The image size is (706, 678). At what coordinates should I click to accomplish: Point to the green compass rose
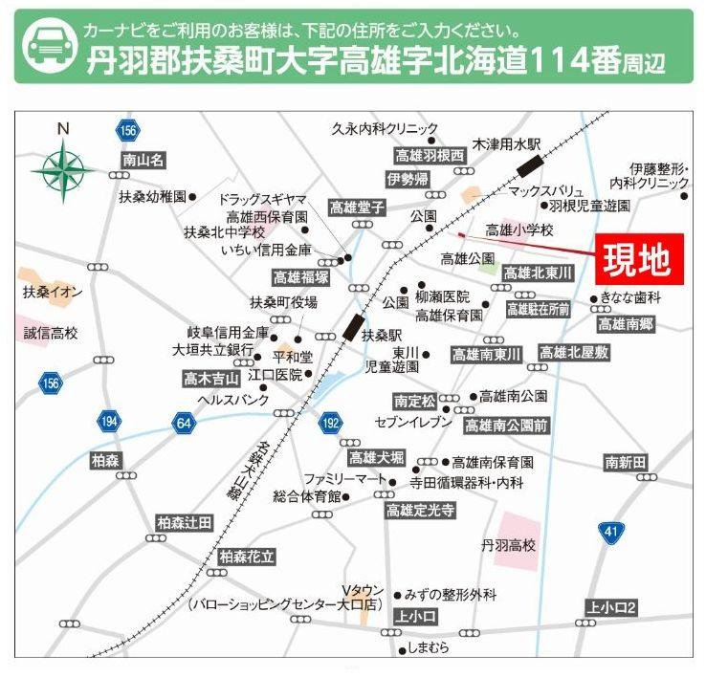point(63,169)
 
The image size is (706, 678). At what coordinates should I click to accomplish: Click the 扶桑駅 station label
point(381,336)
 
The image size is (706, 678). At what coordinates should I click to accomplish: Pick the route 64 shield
point(183,421)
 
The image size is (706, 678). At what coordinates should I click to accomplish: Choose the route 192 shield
point(331,423)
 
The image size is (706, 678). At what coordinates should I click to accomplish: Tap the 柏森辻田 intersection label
point(185,523)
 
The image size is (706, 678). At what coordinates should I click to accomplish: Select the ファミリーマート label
point(345,478)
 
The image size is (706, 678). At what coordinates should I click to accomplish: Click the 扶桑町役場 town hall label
point(283,303)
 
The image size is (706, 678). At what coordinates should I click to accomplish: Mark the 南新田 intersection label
point(627,463)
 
